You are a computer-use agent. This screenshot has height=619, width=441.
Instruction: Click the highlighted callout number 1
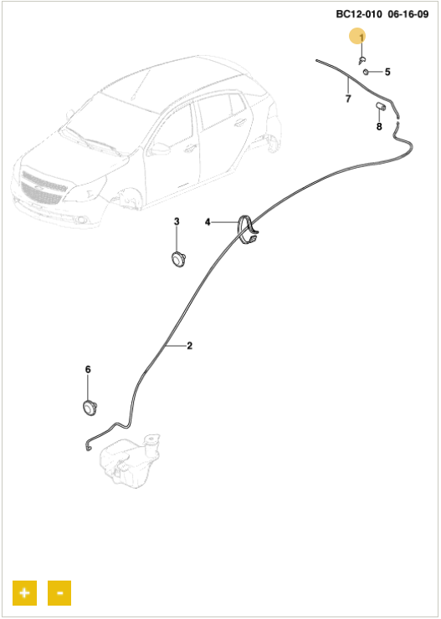361,37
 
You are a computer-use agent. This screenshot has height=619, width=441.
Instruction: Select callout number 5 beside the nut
387,72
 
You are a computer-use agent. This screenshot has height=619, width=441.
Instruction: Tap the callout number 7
348,99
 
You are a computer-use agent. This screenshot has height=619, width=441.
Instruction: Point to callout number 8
379,127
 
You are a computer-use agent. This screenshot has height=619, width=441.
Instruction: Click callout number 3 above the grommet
177,221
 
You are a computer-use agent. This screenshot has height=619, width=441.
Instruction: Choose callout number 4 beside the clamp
208,222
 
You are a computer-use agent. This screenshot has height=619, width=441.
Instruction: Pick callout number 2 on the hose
189,346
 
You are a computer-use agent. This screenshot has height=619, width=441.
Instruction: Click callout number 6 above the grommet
88,369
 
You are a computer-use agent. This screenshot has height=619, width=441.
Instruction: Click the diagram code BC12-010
359,14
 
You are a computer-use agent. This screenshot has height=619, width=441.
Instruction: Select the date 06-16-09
408,14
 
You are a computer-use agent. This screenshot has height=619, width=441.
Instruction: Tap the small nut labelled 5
366,72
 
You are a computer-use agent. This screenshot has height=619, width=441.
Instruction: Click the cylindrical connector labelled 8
381,107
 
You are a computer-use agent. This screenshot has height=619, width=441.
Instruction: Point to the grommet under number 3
177,259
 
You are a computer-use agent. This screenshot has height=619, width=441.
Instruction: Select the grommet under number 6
90,407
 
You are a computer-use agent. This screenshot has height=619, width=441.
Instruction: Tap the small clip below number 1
362,60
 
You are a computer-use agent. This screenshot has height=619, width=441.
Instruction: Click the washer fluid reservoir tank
130,460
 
